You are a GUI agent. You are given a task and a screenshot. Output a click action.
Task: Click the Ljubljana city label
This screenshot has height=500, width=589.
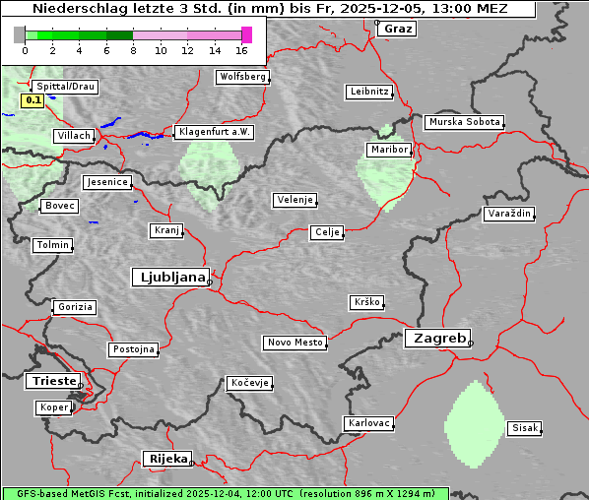(169, 278)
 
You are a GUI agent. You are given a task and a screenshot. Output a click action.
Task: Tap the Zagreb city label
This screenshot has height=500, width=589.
(436, 338)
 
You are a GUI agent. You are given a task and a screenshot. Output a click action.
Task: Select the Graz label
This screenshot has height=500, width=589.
(398, 29)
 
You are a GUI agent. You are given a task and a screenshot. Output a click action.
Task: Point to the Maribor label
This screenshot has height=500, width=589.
(389, 150)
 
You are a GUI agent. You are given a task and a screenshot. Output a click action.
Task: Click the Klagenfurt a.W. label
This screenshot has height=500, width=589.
(214, 132)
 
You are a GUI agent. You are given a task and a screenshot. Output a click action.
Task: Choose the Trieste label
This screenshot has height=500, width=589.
(52, 381)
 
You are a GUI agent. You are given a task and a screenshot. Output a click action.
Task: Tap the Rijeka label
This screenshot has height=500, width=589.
(166, 459)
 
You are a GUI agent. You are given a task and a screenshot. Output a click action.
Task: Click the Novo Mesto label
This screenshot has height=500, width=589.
(294, 343)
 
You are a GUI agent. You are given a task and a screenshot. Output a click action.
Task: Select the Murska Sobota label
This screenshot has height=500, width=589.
(464, 123)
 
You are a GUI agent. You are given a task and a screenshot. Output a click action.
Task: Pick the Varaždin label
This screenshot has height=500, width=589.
(508, 214)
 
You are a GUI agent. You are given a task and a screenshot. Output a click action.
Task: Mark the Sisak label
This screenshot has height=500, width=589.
(524, 428)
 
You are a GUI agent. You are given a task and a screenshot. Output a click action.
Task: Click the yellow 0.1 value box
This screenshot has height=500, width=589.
(33, 100)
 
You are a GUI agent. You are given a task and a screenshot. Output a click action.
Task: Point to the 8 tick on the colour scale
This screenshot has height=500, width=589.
(133, 49)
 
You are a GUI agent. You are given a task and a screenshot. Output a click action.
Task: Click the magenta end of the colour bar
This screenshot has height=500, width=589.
(246, 34)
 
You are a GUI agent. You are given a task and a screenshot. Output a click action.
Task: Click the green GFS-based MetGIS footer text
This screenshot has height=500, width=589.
(225, 493)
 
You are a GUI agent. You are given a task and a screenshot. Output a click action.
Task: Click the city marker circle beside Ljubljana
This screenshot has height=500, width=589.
(210, 282)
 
